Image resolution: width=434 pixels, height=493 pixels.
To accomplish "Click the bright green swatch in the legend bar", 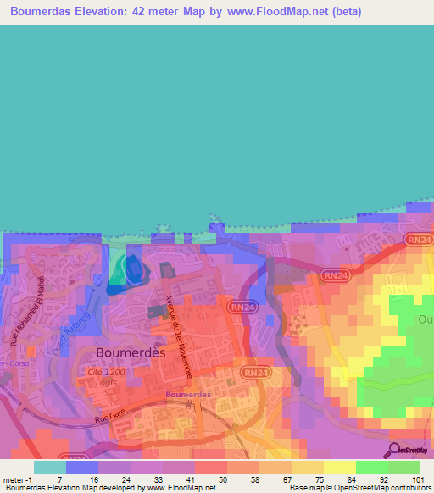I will click(x=371, y=467).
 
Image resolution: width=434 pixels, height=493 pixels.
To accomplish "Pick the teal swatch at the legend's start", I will click(x=50, y=467).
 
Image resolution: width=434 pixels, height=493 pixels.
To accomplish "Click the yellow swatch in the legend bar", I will click(x=307, y=467).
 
